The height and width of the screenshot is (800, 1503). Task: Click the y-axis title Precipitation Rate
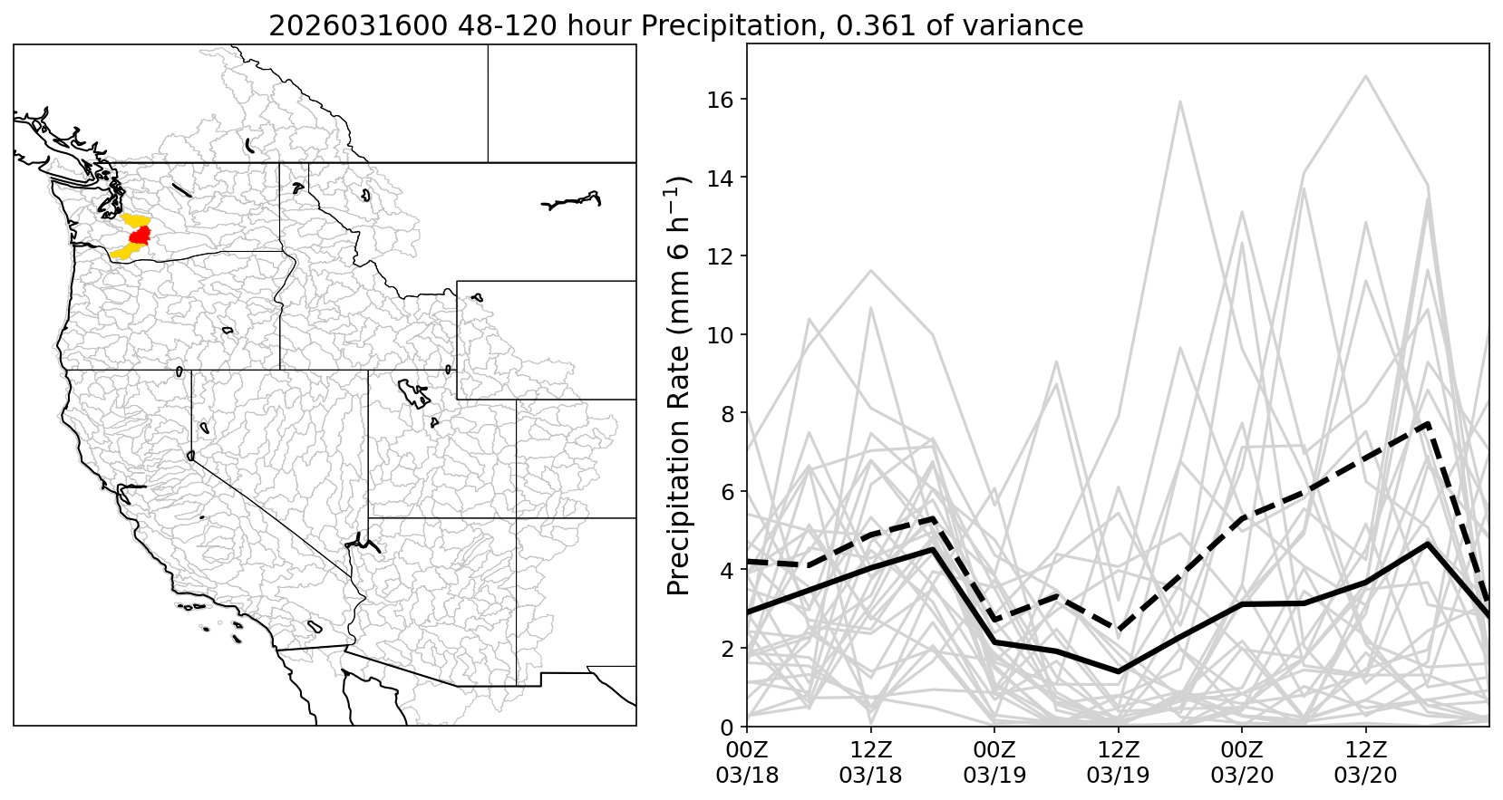pyautogui.click(x=680, y=385)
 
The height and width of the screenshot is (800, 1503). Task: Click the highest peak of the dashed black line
pyautogui.click(x=1428, y=423)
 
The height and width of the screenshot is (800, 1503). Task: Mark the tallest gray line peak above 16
pyautogui.click(x=1365, y=76)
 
